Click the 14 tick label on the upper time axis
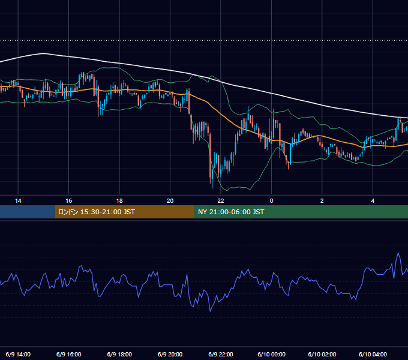pos(18,201)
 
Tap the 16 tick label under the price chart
pos(68,201)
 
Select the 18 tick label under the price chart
pos(119,201)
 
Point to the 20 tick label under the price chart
pos(170,201)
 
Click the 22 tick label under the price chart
pos(221,201)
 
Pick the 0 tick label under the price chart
pos(271,201)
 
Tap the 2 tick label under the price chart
pos(322,201)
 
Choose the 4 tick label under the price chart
pos(373,201)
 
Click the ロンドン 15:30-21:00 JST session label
pos(97,212)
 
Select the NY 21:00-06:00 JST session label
pos(231,212)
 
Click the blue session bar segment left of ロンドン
pos(28,212)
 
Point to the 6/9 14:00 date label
pos(18,354)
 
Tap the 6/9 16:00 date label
pos(68,354)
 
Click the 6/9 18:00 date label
pos(119,354)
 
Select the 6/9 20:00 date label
pos(170,354)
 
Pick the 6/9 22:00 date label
pos(221,354)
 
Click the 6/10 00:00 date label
pos(271,354)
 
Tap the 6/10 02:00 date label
pos(322,354)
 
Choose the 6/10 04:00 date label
pos(373,354)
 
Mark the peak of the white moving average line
pos(43,53)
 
